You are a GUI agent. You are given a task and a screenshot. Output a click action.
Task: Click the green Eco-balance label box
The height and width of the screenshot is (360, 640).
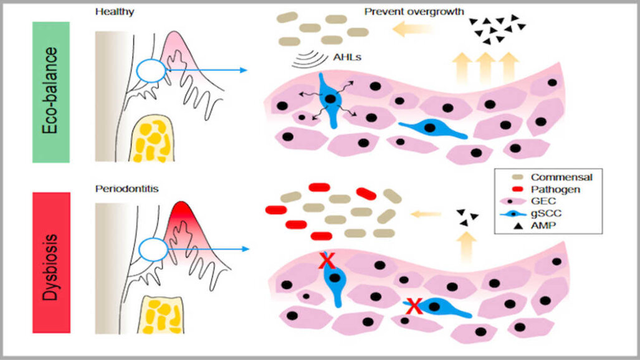click(51, 92)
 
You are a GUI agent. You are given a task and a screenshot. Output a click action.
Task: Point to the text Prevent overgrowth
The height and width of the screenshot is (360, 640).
click(414, 12)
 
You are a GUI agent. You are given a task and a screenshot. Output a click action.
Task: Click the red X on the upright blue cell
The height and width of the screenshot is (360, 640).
click(326, 261)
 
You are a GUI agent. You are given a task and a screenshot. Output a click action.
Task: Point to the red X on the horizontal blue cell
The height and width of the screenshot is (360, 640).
click(414, 305)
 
